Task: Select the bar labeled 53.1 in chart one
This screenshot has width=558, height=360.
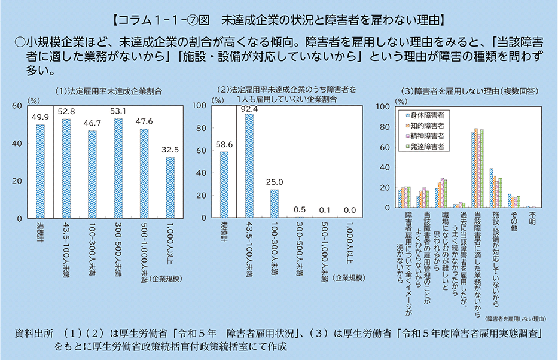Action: [x=118, y=168]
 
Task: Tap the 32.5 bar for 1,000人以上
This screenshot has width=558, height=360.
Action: [x=170, y=187]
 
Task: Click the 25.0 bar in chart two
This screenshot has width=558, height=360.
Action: [x=275, y=203]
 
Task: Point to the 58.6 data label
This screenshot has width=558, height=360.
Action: [x=224, y=144]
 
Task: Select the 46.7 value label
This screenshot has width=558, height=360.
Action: [x=92, y=123]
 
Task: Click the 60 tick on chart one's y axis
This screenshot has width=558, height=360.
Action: [x=17, y=106]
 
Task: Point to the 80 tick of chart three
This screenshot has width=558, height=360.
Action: [x=385, y=127]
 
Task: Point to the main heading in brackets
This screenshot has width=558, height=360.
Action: [x=278, y=20]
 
